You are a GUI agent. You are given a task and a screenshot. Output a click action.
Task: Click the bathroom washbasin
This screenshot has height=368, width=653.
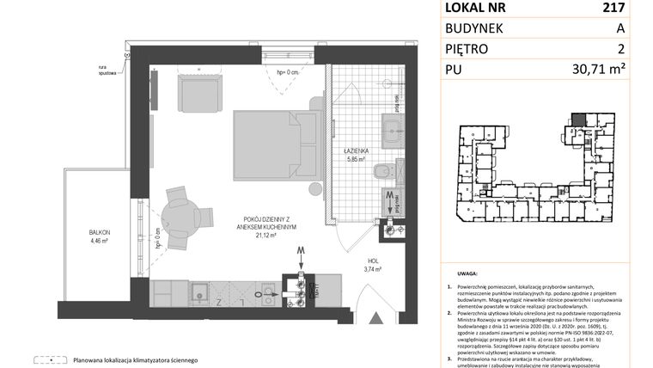(396, 138)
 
